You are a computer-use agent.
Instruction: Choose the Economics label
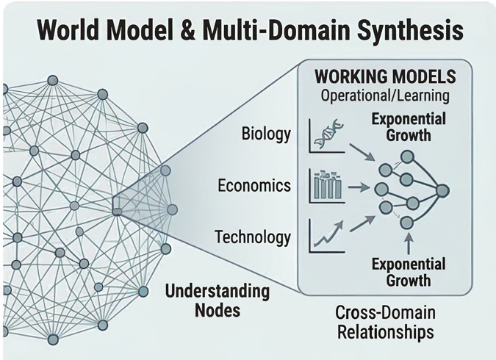pyautogui.click(x=254, y=185)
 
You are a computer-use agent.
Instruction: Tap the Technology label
pyautogui.click(x=253, y=237)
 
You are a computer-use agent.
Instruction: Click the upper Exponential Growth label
pyautogui.click(x=401, y=126)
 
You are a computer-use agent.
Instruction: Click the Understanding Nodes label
pyautogui.click(x=217, y=300)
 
